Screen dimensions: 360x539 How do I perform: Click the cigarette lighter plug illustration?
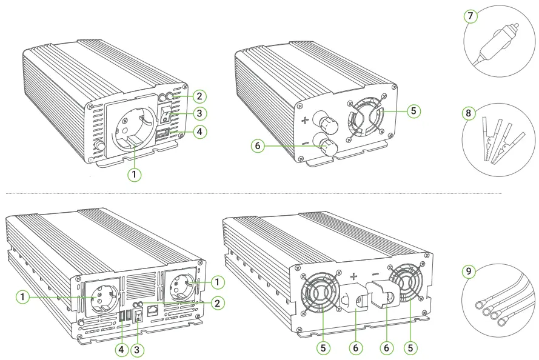tap(497, 40)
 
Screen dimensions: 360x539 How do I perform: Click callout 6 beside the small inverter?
tap(257, 147)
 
